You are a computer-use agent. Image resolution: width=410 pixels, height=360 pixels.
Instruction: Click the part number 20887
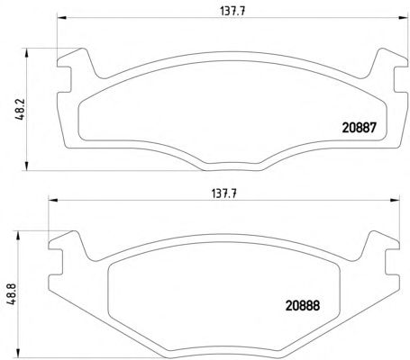click(360, 128)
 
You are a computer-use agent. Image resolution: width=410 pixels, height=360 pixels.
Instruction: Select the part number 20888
click(303, 306)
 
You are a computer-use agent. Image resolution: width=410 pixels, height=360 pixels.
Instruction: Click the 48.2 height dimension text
click(21, 110)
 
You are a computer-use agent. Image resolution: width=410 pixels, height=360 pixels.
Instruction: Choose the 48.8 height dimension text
click(12, 294)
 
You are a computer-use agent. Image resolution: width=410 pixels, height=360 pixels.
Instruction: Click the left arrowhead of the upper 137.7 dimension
click(61, 18)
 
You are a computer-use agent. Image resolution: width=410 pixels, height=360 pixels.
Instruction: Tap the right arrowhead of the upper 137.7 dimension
click(404, 18)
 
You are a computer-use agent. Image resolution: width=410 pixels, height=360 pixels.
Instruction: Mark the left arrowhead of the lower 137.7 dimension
click(52, 200)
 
